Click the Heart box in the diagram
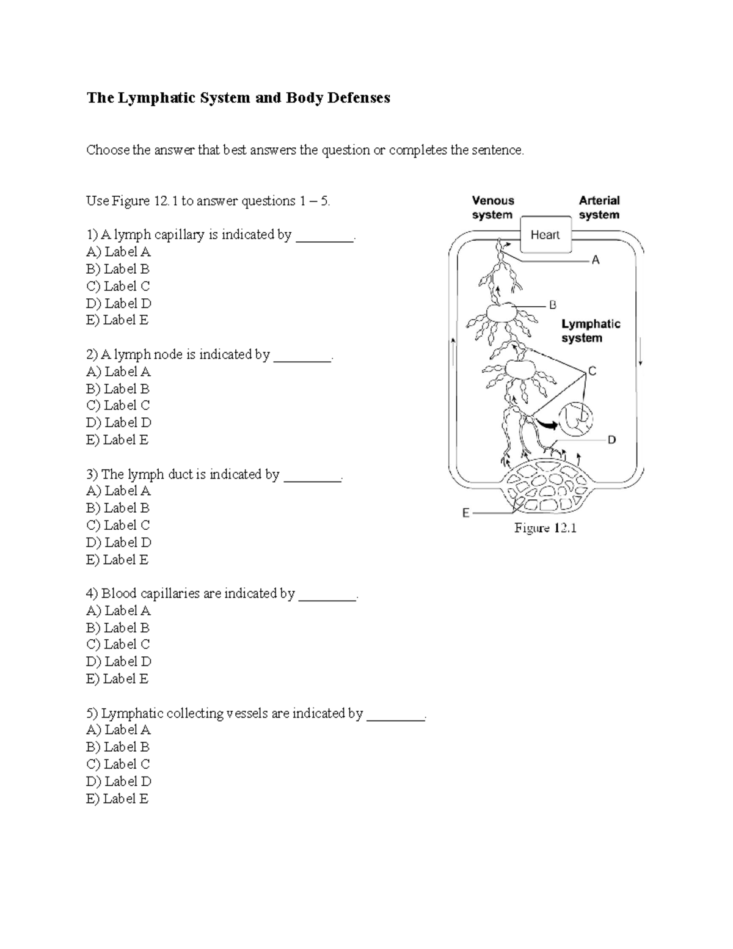545,235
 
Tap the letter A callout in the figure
596,260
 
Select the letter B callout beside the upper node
553,304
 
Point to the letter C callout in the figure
591,371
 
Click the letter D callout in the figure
611,439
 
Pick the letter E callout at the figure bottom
466,513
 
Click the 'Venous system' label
492,208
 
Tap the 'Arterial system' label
599,208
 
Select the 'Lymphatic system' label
590,331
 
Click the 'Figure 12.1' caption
545,529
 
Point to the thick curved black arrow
547,423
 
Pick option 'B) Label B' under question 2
118,389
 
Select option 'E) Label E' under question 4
117,679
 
